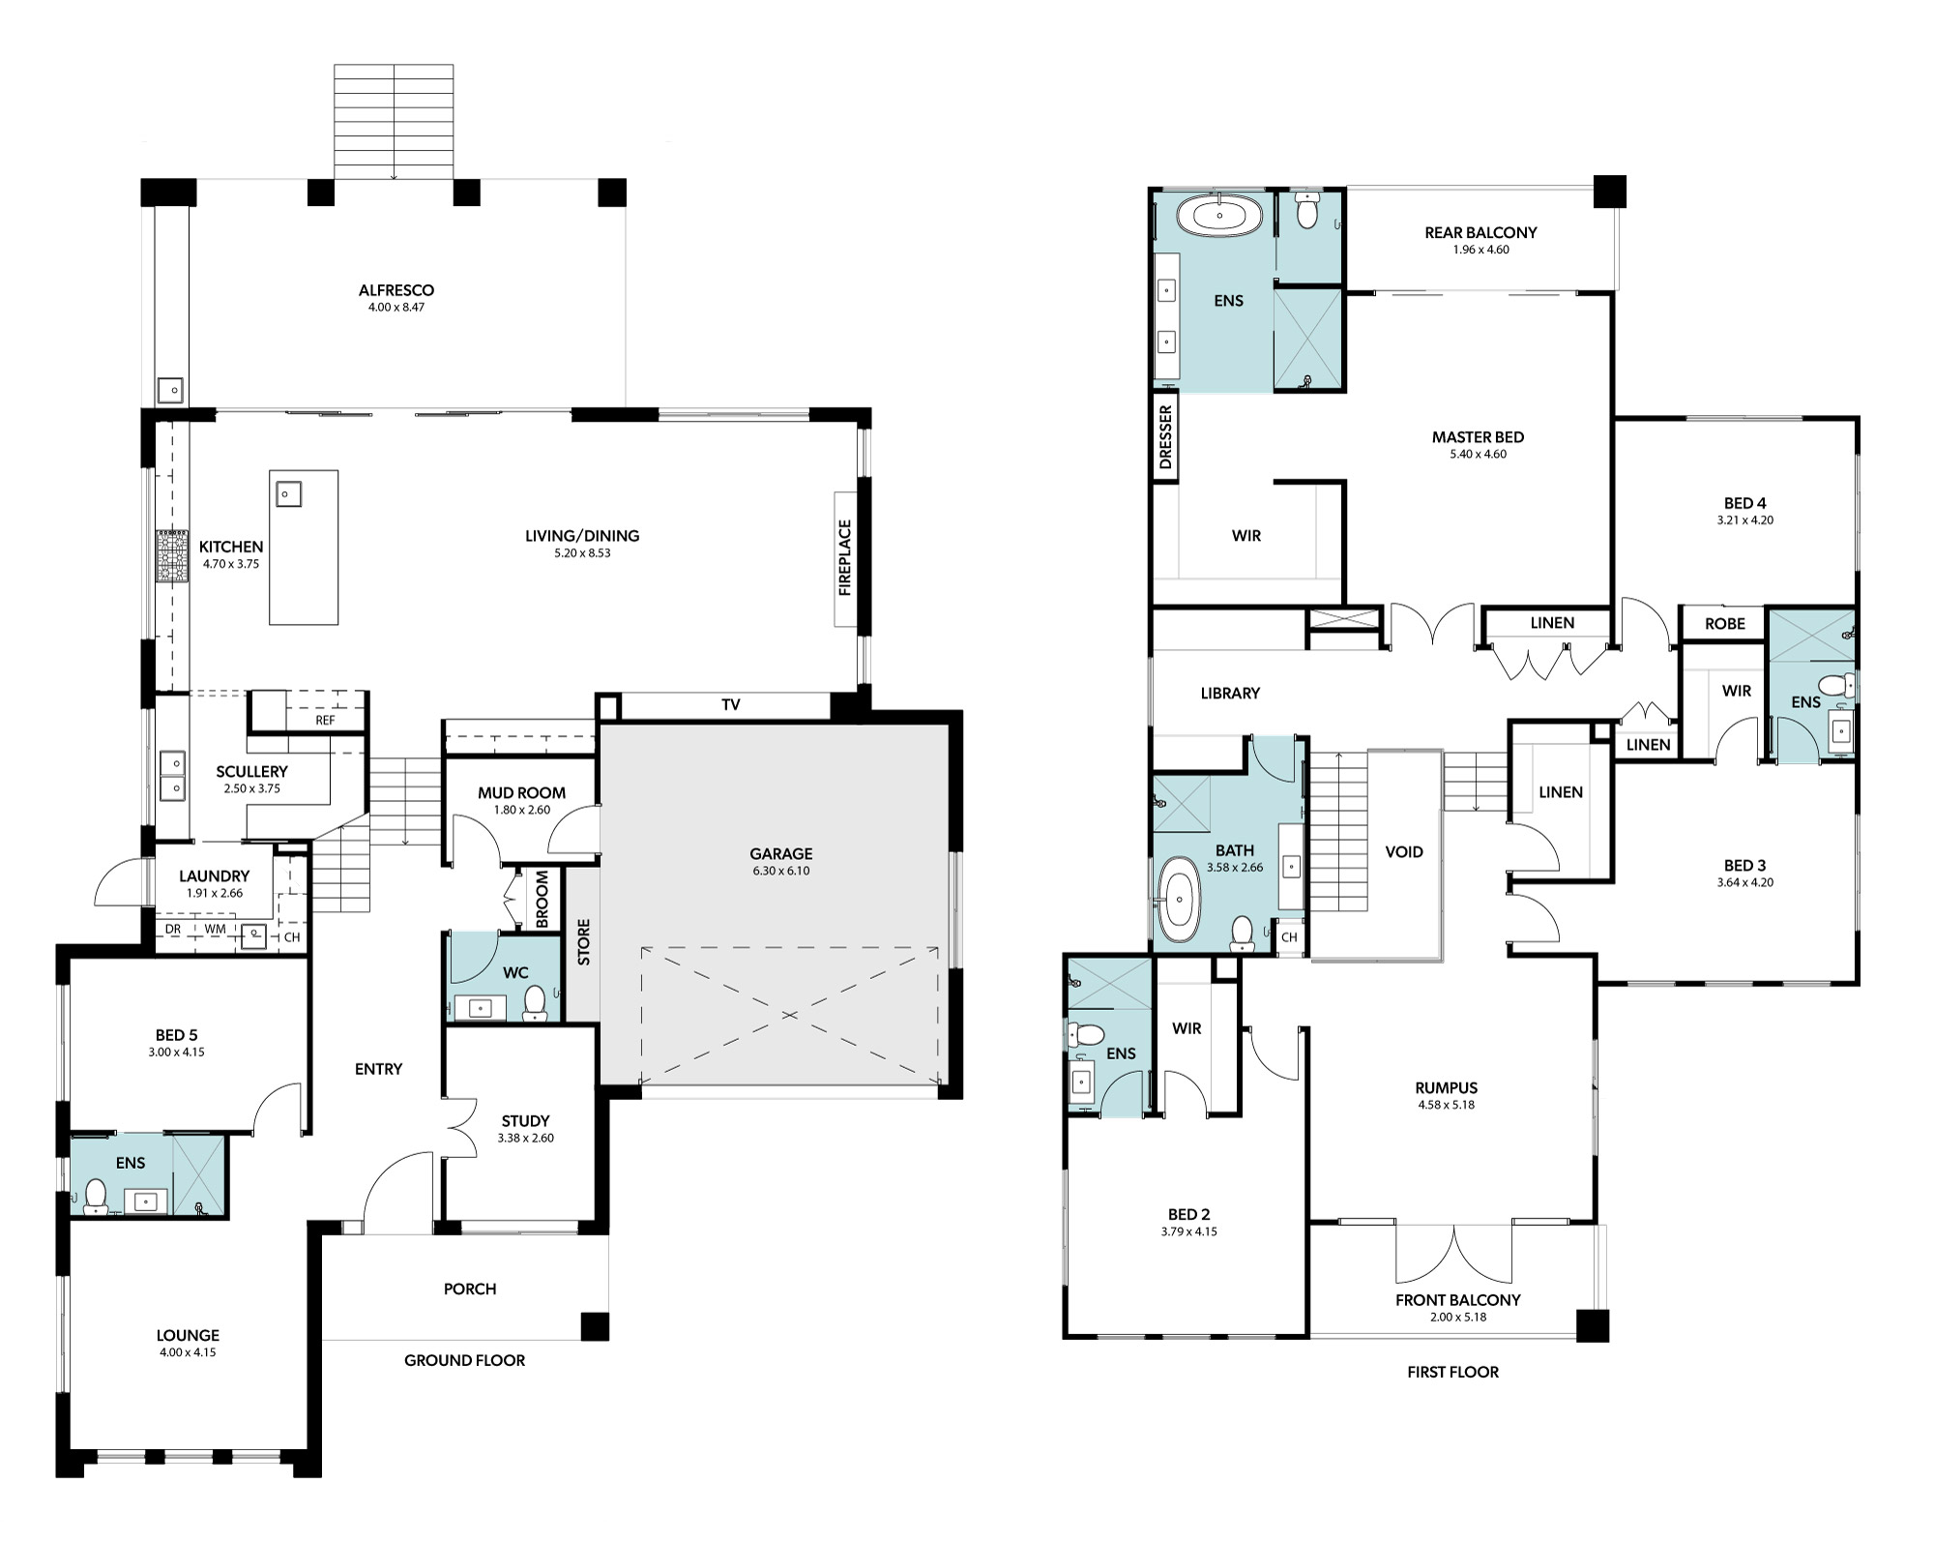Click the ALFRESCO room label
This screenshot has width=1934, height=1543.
[396, 290]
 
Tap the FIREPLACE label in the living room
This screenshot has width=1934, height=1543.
[845, 558]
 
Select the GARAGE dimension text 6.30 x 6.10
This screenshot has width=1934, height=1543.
[780, 871]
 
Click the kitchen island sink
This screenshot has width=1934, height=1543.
[287, 493]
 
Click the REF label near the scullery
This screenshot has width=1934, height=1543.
[325, 721]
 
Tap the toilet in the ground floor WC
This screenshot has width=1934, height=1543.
[534, 1004]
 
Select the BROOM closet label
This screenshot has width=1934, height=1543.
[542, 899]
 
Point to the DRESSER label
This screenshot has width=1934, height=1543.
[1165, 437]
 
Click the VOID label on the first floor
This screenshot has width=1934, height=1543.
[1404, 852]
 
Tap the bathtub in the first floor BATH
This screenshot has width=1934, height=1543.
[1178, 900]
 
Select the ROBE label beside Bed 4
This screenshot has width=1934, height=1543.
[1725, 624]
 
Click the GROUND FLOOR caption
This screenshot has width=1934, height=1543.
[464, 1360]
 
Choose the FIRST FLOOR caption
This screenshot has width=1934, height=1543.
[1452, 1372]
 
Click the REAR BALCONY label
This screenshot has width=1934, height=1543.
[1480, 232]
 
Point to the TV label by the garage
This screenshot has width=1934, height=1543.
[731, 705]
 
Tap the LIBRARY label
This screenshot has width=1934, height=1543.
[1230, 693]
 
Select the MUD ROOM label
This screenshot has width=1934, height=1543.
[521, 793]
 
